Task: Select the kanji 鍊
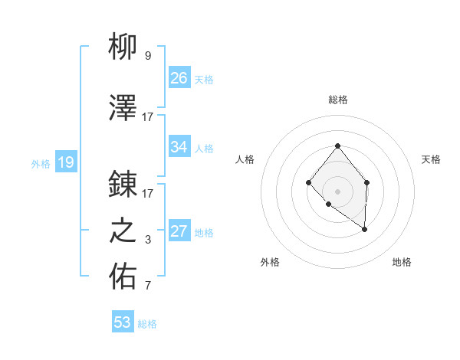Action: pos(123,184)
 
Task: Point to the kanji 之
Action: pos(123,231)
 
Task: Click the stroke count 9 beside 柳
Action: pos(148,55)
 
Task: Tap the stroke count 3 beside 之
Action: pos(148,240)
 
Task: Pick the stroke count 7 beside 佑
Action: pos(148,286)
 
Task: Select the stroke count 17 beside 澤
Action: pos(148,116)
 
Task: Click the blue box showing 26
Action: pos(179,78)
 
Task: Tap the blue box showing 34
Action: pos(179,147)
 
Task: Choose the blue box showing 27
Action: pos(179,232)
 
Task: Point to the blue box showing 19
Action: pos(65,162)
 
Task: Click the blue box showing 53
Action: pos(123,322)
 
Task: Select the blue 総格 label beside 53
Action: pos(147,324)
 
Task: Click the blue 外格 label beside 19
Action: pos(41,163)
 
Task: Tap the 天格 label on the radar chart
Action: pos(431,159)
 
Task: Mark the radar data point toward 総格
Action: pos(337,146)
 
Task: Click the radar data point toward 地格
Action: pos(365,229)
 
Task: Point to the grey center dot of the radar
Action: pos(337,191)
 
